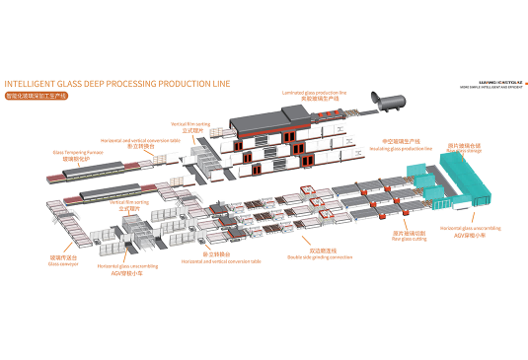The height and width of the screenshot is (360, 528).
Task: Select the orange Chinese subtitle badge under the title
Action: (x=36, y=97)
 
